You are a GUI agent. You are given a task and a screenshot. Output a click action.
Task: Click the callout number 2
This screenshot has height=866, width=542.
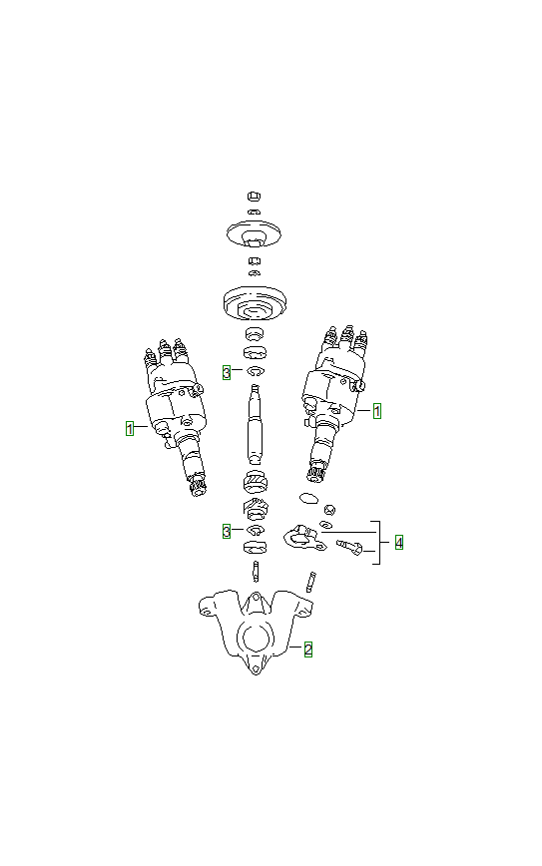pyautogui.click(x=308, y=649)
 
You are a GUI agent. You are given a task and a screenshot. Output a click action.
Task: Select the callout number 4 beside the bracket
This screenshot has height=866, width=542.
pyautogui.click(x=398, y=543)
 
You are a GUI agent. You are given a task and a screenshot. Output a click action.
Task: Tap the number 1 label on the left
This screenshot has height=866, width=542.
pyautogui.click(x=129, y=428)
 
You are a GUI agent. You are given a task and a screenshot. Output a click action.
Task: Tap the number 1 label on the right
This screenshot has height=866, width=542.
pyautogui.click(x=377, y=409)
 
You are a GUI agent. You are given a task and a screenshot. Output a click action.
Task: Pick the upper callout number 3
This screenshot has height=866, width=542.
pyautogui.click(x=227, y=372)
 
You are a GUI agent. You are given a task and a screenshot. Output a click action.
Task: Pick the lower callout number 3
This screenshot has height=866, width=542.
pyautogui.click(x=227, y=531)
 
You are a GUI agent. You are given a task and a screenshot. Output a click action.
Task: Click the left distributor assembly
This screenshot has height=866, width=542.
pyautogui.click(x=175, y=414)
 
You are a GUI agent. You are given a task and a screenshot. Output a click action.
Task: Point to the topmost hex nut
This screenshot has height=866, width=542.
pyautogui.click(x=254, y=197)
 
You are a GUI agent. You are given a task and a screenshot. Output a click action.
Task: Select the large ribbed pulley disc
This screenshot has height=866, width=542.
pyautogui.click(x=254, y=300)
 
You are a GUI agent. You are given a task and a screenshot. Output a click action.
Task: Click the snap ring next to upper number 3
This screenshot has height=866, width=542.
pyautogui.click(x=255, y=372)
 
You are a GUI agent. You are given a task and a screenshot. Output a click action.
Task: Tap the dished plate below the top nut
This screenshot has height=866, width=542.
pyautogui.click(x=254, y=234)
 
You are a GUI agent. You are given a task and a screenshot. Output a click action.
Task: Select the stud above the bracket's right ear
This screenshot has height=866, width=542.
pyautogui.click(x=312, y=580)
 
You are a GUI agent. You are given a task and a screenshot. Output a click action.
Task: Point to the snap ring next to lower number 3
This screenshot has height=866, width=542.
pyautogui.click(x=255, y=530)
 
